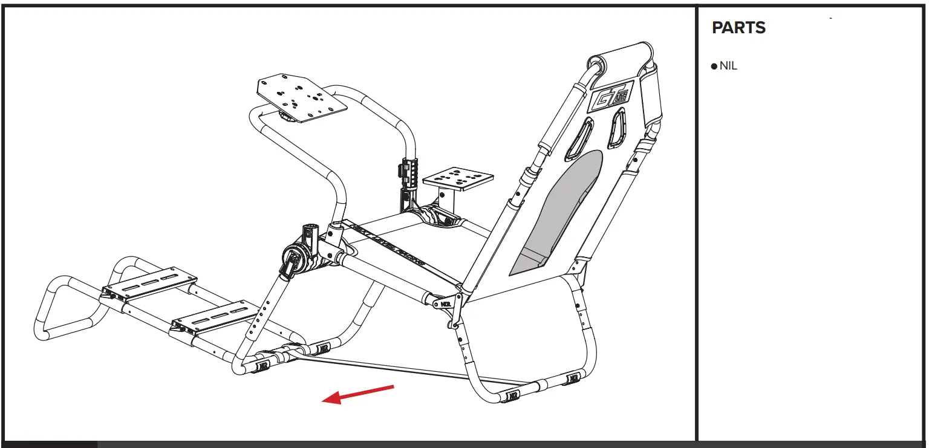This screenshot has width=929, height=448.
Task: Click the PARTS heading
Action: (x=738, y=28)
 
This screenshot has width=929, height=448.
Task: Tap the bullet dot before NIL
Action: (x=714, y=67)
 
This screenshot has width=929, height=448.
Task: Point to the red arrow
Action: (x=358, y=394)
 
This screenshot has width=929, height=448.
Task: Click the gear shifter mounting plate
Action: (x=457, y=178)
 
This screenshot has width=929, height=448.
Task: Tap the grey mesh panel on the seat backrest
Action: (x=559, y=212)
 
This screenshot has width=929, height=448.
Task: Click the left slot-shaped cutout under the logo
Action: (x=579, y=139)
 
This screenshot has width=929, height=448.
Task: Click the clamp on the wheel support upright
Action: (x=408, y=170)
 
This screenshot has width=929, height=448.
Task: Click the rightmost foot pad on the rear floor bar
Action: (x=573, y=379)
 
